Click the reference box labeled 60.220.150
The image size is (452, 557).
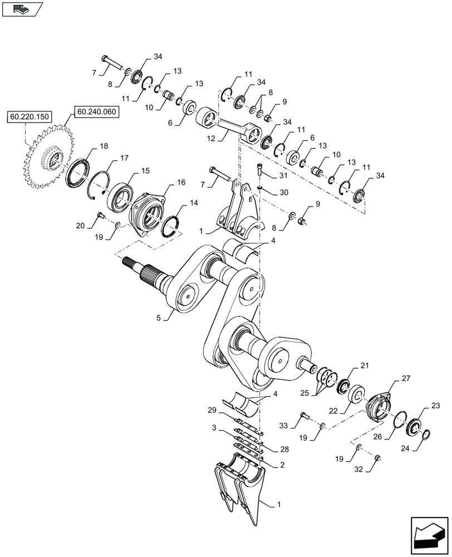[x=28, y=117]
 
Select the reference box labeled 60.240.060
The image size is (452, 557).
[x=95, y=111]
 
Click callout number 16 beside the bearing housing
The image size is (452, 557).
[x=181, y=182]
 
